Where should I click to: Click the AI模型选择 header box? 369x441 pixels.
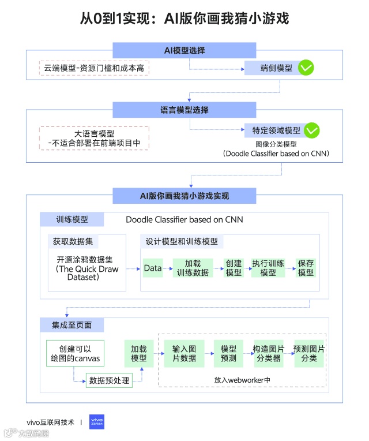click(184, 50)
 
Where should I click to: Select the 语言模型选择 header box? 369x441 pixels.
click(184, 110)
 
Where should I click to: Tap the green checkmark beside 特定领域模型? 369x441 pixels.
click(312, 130)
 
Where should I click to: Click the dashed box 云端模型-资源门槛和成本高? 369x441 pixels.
click(94, 68)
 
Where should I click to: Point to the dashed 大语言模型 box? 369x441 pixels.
click(94, 139)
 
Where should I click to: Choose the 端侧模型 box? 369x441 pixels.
click(270, 68)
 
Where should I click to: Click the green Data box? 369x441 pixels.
click(153, 268)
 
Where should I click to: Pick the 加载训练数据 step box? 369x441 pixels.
click(193, 268)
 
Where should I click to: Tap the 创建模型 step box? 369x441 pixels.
click(234, 268)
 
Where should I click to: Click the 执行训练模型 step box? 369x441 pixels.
click(268, 268)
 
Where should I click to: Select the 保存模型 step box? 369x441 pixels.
click(306, 268)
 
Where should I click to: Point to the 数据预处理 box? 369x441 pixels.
click(108, 380)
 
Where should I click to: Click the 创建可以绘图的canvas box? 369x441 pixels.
click(76, 354)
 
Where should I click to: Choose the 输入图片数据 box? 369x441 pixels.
click(184, 354)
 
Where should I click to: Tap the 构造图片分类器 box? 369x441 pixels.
click(268, 354)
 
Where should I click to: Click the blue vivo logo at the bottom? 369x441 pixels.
click(97, 422)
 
